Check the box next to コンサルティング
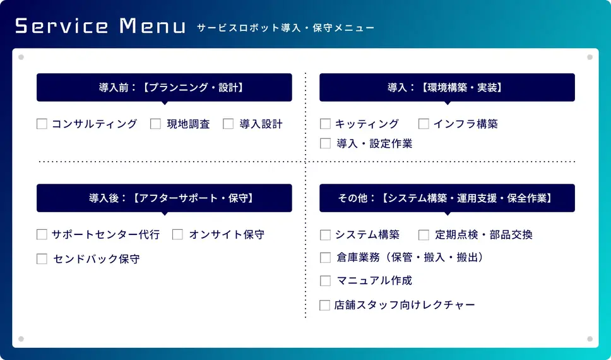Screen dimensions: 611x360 tap(42, 124)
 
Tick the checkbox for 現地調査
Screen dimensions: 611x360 tap(155, 124)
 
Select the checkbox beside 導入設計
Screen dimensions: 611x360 tap(228, 124)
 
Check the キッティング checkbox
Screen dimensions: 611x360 tap(325, 124)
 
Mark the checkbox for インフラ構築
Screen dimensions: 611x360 tap(424, 124)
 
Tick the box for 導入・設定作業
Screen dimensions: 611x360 tap(325, 143)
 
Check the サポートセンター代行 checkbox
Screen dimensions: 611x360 tap(42, 234)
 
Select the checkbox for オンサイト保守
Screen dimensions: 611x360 tap(177, 234)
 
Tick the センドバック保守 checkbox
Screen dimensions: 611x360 tap(42, 258)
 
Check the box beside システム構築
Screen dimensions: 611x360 tap(325, 234)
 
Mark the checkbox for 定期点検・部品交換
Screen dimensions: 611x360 tap(424, 234)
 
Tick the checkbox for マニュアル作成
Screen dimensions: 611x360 tap(325, 280)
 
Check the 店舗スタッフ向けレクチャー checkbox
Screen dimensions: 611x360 tap(324, 305)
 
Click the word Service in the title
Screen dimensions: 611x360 tap(62, 26)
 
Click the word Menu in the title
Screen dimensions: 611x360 tap(153, 26)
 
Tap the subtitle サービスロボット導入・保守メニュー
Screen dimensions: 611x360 tap(286, 28)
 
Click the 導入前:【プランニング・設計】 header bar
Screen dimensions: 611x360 tap(164, 87)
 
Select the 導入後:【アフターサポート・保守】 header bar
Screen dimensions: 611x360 tap(164, 198)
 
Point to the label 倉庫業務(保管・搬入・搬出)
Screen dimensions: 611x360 tap(410, 258)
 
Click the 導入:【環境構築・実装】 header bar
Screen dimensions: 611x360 tap(447, 87)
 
